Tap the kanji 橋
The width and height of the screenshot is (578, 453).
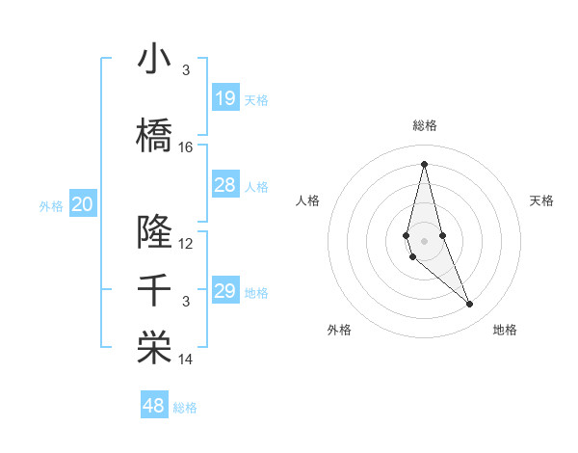pos(154,136)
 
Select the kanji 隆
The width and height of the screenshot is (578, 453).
pos(154,232)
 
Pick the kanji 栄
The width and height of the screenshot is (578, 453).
pos(154,349)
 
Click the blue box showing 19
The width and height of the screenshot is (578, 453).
pos(224,98)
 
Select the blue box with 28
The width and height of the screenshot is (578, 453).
pos(224,185)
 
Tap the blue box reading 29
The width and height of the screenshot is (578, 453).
pos(224,291)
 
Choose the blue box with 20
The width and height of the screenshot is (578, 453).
pos(83,204)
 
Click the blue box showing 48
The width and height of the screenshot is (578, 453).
pos(154,406)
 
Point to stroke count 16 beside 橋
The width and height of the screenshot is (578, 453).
pos(186,147)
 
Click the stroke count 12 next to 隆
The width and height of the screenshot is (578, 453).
pos(186,244)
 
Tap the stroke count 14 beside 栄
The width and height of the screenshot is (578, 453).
pos(186,360)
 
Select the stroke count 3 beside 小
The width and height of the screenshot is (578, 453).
pos(186,70)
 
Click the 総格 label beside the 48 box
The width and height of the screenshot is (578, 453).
pos(185,408)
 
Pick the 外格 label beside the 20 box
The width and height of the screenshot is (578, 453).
pos(51,205)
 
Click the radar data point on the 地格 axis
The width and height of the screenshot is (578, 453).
pos(470,305)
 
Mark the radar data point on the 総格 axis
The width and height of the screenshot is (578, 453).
pos(424,164)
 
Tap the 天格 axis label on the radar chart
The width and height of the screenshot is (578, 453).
pos(541,200)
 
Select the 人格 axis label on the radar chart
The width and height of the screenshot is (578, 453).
pos(307,200)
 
